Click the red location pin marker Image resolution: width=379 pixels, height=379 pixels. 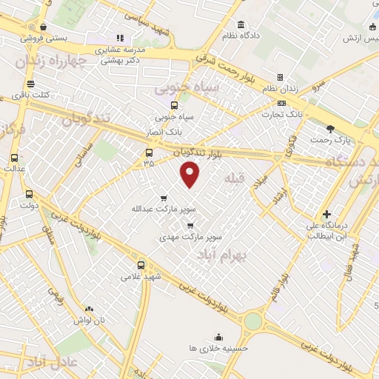(190, 174)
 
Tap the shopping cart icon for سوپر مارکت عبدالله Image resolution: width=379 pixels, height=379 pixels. (163, 198)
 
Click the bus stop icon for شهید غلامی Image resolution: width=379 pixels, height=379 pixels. (141, 265)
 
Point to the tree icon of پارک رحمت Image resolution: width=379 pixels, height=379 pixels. (341, 128)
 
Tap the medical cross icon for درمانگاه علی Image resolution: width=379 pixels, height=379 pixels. (326, 215)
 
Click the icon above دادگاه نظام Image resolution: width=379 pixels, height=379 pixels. (243, 24)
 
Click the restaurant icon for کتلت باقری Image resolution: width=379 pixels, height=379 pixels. (30, 84)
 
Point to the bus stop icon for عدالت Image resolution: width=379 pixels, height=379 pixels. (15, 158)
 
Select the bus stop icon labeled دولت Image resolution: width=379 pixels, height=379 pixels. (29, 194)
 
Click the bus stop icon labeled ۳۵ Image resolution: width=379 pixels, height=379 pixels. (149, 153)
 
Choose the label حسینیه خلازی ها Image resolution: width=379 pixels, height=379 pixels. (218, 347)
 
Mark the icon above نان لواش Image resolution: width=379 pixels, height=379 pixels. (89, 309)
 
